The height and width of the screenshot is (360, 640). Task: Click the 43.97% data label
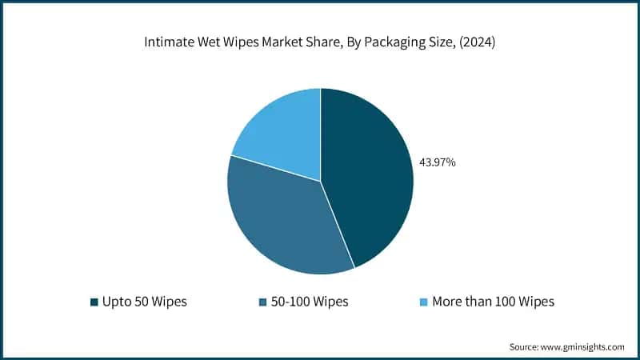(438, 162)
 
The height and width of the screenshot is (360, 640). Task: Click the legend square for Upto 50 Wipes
(94, 302)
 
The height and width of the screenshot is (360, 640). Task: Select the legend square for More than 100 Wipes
(422, 302)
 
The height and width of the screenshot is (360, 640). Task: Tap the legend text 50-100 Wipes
(311, 302)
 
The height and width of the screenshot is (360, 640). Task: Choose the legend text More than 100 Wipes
(492, 302)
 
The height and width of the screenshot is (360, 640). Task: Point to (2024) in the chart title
(475, 43)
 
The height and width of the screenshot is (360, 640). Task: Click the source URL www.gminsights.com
(583, 346)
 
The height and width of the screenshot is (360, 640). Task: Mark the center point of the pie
(321, 181)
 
